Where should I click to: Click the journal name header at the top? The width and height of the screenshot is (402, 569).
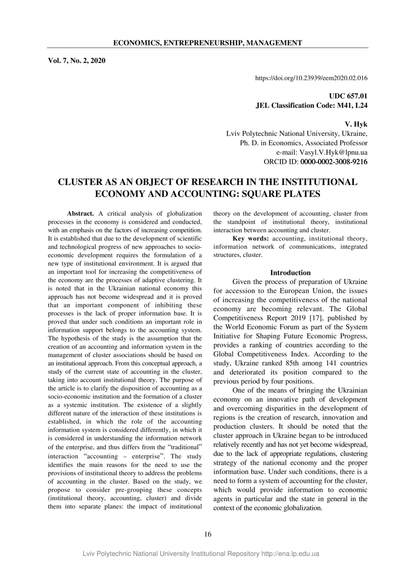207,43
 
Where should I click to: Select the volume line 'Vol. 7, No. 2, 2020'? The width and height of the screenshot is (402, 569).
77,61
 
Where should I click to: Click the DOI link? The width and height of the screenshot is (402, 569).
311,78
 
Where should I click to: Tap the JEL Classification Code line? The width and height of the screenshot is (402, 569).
311,106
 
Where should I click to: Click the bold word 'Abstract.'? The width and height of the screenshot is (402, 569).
80,213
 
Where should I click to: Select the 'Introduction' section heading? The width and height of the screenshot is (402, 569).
290,273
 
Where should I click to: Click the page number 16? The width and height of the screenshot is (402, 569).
208,534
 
